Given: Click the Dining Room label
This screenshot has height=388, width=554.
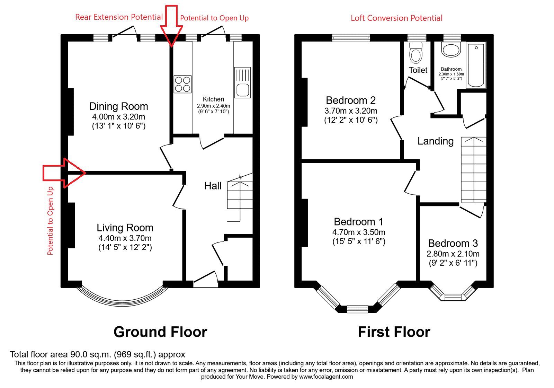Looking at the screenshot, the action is (x=118, y=106).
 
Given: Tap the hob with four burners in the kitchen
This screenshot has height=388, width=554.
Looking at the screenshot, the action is (x=182, y=84).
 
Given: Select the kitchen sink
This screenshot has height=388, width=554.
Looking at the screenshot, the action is (x=242, y=82).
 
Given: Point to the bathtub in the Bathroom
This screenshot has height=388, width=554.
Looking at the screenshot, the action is (x=476, y=65).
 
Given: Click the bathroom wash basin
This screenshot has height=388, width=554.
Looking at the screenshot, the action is (x=451, y=50).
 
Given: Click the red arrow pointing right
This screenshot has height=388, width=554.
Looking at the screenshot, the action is (x=64, y=173).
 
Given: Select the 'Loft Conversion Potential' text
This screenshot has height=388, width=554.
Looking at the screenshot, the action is (x=396, y=18).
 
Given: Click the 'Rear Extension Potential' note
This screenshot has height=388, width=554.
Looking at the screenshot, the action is (x=119, y=17).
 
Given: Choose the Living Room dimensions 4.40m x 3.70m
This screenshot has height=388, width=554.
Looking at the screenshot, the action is (x=125, y=238).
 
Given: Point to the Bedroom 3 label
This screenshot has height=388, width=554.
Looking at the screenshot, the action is (x=453, y=244).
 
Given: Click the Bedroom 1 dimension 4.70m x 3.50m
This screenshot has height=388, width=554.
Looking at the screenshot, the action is (x=359, y=232).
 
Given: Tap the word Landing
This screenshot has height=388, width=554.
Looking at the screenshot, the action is (x=436, y=141).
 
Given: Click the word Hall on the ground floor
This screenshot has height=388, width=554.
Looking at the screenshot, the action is (x=213, y=186).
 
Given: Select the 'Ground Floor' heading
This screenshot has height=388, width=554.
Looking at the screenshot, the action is (x=160, y=332).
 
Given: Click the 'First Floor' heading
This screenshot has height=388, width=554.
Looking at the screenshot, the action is (x=394, y=332).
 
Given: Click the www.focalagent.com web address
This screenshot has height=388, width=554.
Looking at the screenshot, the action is (x=326, y=377).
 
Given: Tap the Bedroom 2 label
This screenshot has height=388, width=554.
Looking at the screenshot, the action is (x=351, y=100).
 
